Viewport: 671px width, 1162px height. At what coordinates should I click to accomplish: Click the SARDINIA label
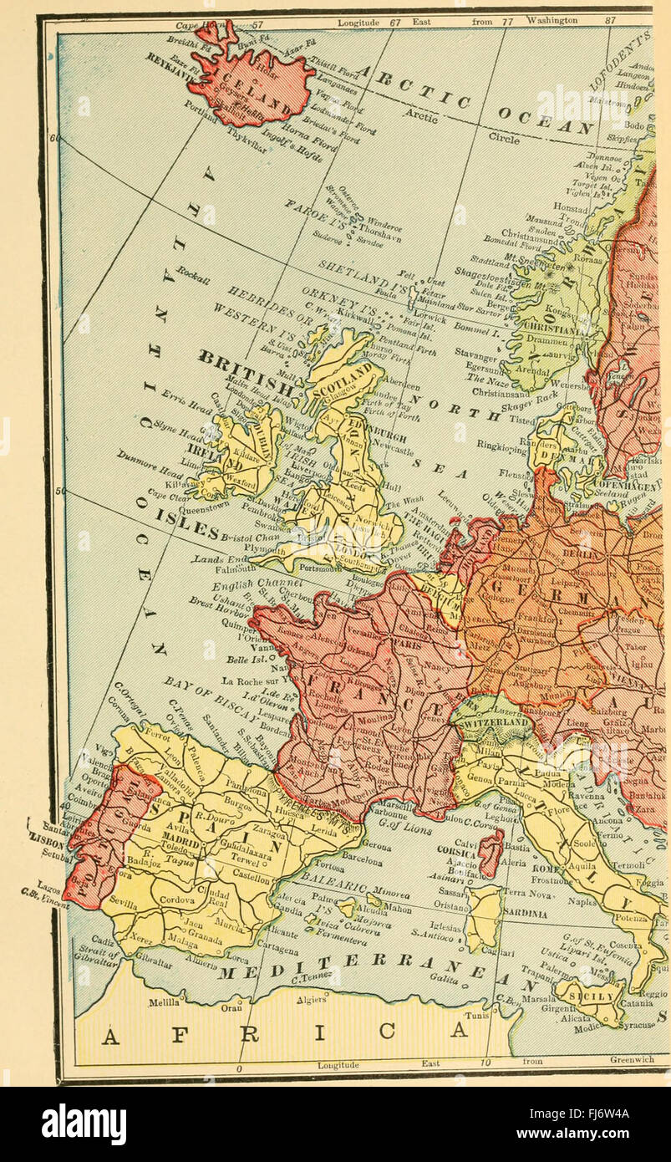pyautogui.click(x=524, y=915)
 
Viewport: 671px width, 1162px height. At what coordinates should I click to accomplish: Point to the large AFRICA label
pyautogui.click(x=284, y=1033)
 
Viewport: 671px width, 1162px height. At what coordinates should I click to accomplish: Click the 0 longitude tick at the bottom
pyautogui.click(x=239, y=1068)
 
